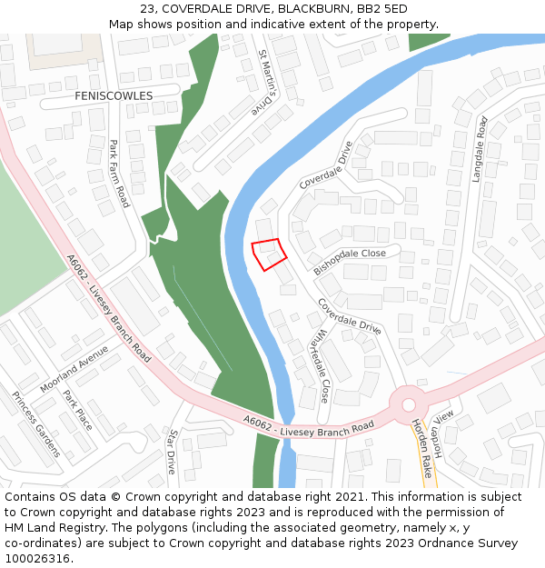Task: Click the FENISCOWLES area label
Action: [x=114, y=95]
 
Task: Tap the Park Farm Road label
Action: [x=119, y=173]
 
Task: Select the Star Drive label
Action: [x=172, y=452]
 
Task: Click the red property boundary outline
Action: [x=268, y=254]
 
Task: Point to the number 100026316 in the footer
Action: [x=39, y=558]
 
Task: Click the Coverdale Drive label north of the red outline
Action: [x=325, y=164]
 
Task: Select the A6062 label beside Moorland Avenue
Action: [x=77, y=270]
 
